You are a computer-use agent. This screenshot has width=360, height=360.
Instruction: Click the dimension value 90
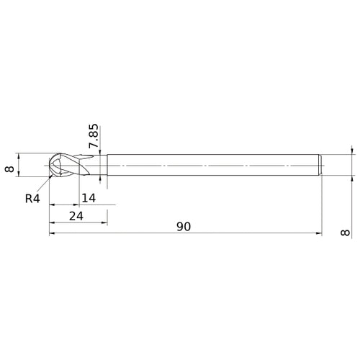point(184,226)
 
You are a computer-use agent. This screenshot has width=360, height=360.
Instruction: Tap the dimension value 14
point(89,199)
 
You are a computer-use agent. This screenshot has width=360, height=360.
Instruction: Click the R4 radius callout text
point(32,199)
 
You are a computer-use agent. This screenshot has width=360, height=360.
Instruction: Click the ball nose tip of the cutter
point(50,166)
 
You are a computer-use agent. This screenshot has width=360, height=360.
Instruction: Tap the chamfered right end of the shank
point(320,166)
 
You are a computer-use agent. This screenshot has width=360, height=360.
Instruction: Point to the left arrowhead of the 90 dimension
point(53,233)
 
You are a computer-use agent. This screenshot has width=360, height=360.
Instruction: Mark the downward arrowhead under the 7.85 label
point(100,151)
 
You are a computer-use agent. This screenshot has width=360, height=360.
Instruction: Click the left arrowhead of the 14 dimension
point(53,206)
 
